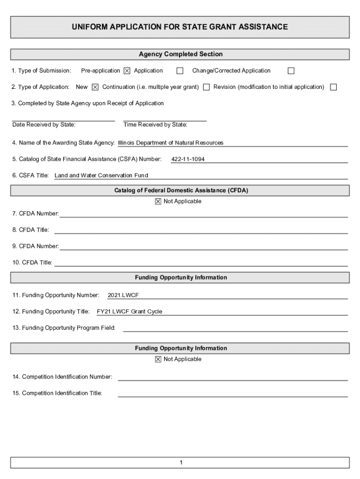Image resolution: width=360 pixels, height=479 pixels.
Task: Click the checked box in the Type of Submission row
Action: pos(127,71)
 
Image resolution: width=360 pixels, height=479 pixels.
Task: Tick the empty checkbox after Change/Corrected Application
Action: pos(291,71)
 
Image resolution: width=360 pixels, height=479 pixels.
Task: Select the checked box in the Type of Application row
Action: pos(95,87)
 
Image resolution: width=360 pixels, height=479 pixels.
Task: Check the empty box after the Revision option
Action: pos(333,87)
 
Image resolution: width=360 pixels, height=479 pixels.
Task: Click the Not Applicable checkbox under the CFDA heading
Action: pos(158,202)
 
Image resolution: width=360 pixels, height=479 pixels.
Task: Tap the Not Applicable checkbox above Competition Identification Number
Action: pos(158,359)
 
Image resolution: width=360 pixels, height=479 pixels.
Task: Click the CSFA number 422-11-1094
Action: pos(188,160)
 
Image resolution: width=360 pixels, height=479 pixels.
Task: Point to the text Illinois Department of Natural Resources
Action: pos(171,143)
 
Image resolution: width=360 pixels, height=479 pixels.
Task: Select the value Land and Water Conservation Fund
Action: pos(101,175)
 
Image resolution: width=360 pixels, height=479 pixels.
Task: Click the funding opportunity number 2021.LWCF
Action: pos(123,295)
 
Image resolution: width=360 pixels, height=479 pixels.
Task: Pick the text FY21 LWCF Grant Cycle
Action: pos(130,312)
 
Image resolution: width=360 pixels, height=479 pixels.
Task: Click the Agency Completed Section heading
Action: pos(180,54)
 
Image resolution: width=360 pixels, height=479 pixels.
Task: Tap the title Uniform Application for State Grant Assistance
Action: pos(180,27)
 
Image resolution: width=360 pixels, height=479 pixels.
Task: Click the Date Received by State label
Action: pos(44,125)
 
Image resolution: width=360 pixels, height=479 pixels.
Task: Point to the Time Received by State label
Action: pos(155,125)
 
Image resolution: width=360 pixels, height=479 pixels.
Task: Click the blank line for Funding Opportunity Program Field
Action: pos(235,328)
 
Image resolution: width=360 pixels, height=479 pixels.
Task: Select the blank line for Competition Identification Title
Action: pos(232,393)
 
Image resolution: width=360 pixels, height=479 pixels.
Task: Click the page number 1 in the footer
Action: pos(180,463)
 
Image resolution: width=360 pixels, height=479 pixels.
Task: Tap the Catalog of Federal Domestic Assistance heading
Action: pos(181,190)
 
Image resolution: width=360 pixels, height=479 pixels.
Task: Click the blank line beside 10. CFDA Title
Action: pos(201,263)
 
